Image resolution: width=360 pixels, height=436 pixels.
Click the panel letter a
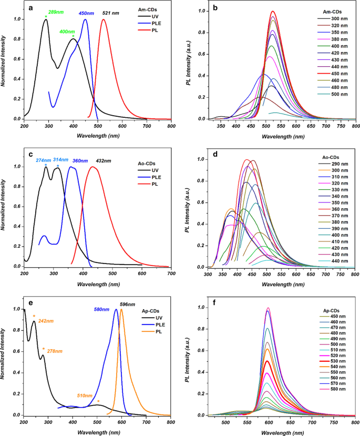(x=32, y=8)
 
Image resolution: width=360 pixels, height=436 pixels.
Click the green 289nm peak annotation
(x=53, y=11)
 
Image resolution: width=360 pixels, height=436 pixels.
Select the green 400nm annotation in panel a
(x=67, y=32)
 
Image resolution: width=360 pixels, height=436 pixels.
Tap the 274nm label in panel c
(x=43, y=160)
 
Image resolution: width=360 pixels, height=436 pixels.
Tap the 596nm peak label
(x=127, y=303)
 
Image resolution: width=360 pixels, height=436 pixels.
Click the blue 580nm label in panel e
(x=103, y=309)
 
